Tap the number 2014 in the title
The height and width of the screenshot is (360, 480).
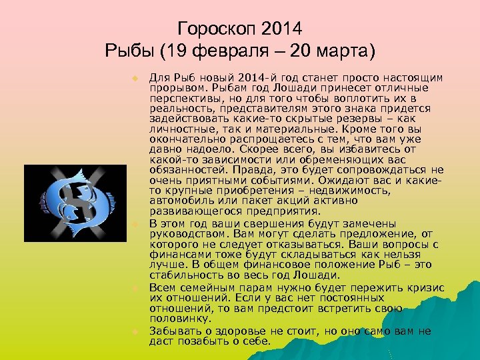[x=282, y=29]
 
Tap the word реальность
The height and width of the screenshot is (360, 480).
[x=177, y=108]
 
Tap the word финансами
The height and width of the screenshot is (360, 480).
[x=177, y=255]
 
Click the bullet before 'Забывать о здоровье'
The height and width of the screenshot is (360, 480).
[x=134, y=331]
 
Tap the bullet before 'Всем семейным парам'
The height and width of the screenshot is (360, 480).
[x=134, y=287]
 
